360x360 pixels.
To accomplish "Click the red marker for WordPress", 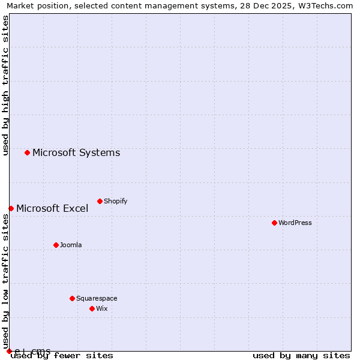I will point(274,223).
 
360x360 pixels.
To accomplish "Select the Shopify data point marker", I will point(100,201).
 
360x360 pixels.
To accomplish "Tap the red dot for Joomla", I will point(56,245).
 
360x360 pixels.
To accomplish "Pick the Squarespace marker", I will point(72,298).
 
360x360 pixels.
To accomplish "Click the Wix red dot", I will point(92,308).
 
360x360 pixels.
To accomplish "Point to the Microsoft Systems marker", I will point(27,152).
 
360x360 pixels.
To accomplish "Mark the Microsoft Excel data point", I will point(11,208).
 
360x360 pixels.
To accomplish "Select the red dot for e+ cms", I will point(9,351).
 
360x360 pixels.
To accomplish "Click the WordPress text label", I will point(295,223).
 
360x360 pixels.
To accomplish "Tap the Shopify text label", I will point(116,201).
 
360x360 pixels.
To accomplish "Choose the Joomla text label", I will point(71,245).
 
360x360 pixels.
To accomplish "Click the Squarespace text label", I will point(97,298).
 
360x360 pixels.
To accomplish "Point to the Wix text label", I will point(102,308).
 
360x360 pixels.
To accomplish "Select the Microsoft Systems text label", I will point(76,152).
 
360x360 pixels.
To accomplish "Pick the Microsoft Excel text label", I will point(52,208).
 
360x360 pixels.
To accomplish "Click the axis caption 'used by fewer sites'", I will point(62,356).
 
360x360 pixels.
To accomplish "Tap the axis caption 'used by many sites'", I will point(301,356).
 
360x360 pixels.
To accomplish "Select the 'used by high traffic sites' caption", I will point(6,85).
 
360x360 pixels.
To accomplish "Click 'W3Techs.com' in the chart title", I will point(325,6).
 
